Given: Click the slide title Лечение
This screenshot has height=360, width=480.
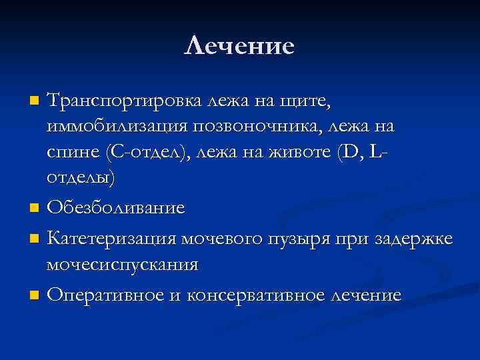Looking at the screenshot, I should click(239, 46).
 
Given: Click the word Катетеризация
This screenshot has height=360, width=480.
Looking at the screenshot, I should click(111, 239).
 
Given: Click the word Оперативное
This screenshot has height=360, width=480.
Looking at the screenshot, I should click(103, 295).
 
